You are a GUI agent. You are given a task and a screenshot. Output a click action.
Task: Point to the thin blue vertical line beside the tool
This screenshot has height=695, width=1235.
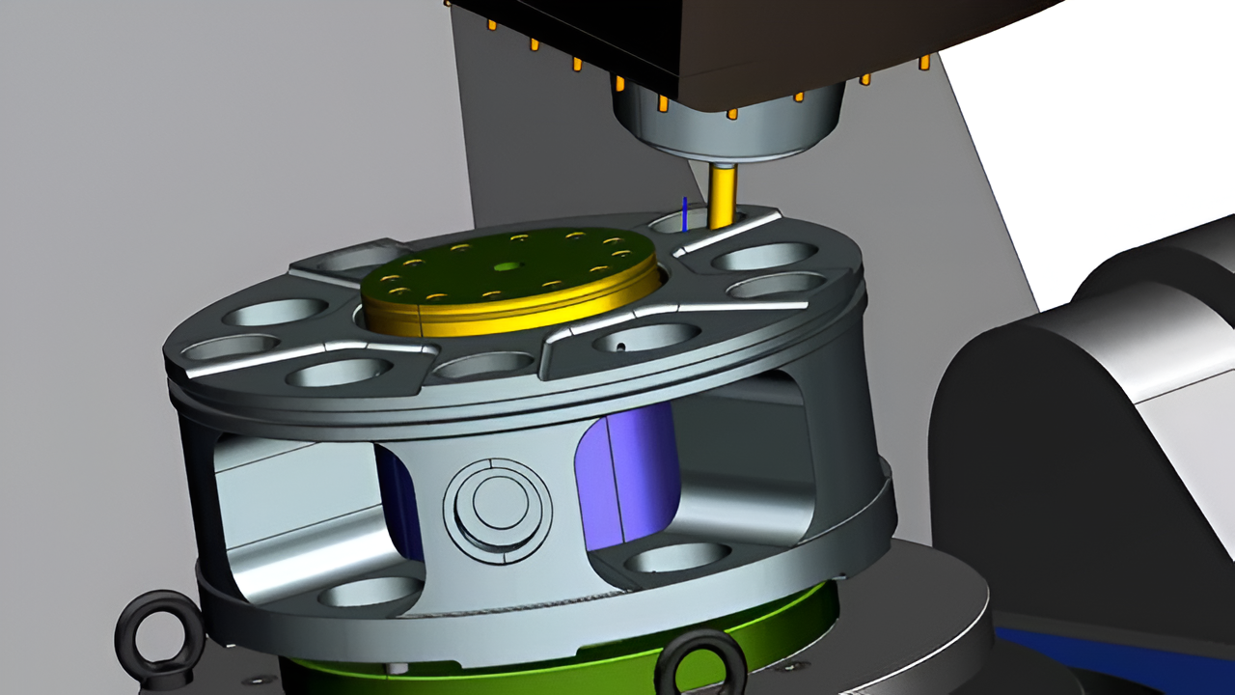[684, 214]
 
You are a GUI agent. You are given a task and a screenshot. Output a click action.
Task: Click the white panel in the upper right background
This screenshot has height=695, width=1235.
[1061, 145]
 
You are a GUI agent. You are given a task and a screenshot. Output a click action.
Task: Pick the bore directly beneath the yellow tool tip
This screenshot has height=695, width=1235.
[675, 224]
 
